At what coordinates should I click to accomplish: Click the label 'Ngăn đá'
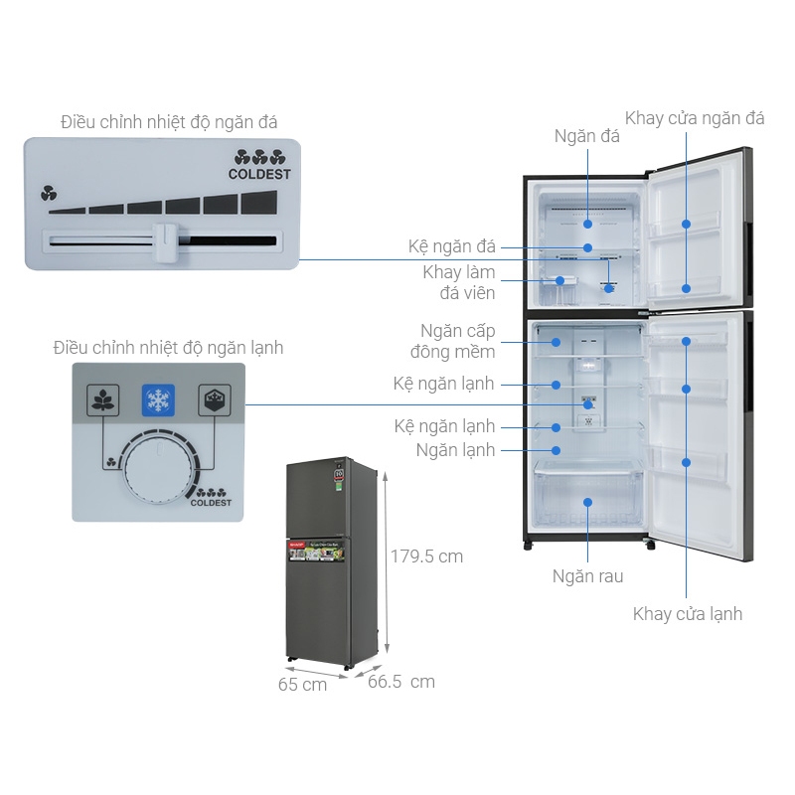[x=586, y=136]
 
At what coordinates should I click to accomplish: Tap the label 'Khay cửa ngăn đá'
[x=695, y=118]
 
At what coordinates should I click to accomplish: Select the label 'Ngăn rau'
[x=587, y=576]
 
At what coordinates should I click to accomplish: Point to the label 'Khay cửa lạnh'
[x=687, y=614]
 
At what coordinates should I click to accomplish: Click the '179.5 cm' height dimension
[x=426, y=556]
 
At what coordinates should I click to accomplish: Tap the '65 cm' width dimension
[x=302, y=685]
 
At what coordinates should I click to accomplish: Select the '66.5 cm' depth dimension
[x=401, y=682]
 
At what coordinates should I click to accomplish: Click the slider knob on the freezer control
[x=165, y=242]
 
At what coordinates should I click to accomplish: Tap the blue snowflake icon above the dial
[x=158, y=399]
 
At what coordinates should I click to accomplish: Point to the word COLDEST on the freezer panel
[x=260, y=174]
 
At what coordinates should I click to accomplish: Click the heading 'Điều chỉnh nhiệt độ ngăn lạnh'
[x=168, y=348]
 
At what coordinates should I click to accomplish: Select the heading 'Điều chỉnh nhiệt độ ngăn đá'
[x=169, y=122]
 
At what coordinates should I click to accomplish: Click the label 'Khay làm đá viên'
[x=458, y=282]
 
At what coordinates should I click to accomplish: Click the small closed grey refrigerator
[x=328, y=561]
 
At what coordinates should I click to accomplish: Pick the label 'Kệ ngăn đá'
[x=451, y=246]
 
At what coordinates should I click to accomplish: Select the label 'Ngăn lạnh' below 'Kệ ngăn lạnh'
[x=456, y=450]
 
